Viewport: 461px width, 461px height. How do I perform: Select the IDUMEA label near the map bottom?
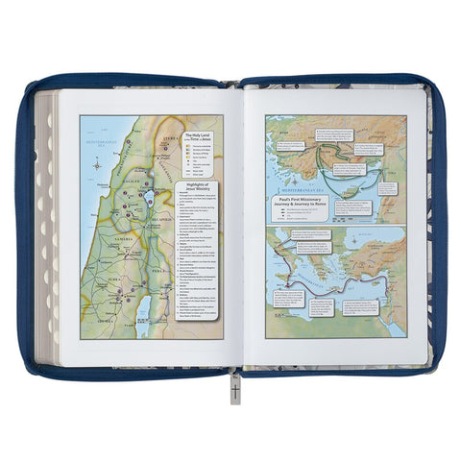point(101,325)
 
